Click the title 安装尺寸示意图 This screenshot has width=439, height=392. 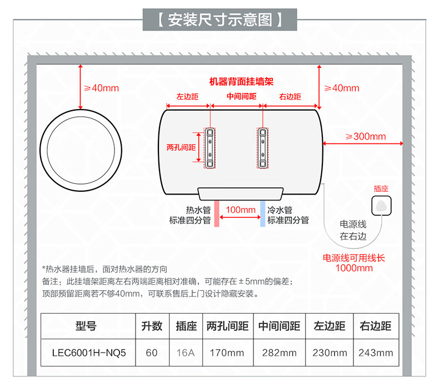[x=220, y=20]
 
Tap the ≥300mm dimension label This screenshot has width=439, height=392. [x=365, y=136]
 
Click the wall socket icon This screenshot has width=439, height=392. [x=381, y=206]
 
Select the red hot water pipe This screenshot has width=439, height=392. [x=216, y=214]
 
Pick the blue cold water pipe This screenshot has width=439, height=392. [x=263, y=214]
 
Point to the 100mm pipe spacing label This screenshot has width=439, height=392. [x=241, y=210]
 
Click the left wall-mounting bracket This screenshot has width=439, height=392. [x=210, y=148]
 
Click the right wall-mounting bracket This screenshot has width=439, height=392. [x=263, y=148]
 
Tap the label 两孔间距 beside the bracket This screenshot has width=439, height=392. [x=181, y=147]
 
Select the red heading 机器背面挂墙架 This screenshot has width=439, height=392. [x=241, y=82]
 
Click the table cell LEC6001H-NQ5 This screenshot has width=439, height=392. [x=89, y=353]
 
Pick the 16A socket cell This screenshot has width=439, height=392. [x=186, y=353]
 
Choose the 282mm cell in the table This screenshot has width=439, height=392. [x=279, y=353]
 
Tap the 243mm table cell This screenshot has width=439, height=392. [x=376, y=353]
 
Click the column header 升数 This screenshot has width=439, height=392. [x=152, y=326]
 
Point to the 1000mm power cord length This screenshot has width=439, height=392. [x=354, y=268]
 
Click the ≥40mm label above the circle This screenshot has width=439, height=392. [x=101, y=88]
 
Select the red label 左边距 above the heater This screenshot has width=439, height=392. [x=187, y=97]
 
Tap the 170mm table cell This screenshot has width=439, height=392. [x=227, y=353]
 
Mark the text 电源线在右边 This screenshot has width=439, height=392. [x=353, y=230]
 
